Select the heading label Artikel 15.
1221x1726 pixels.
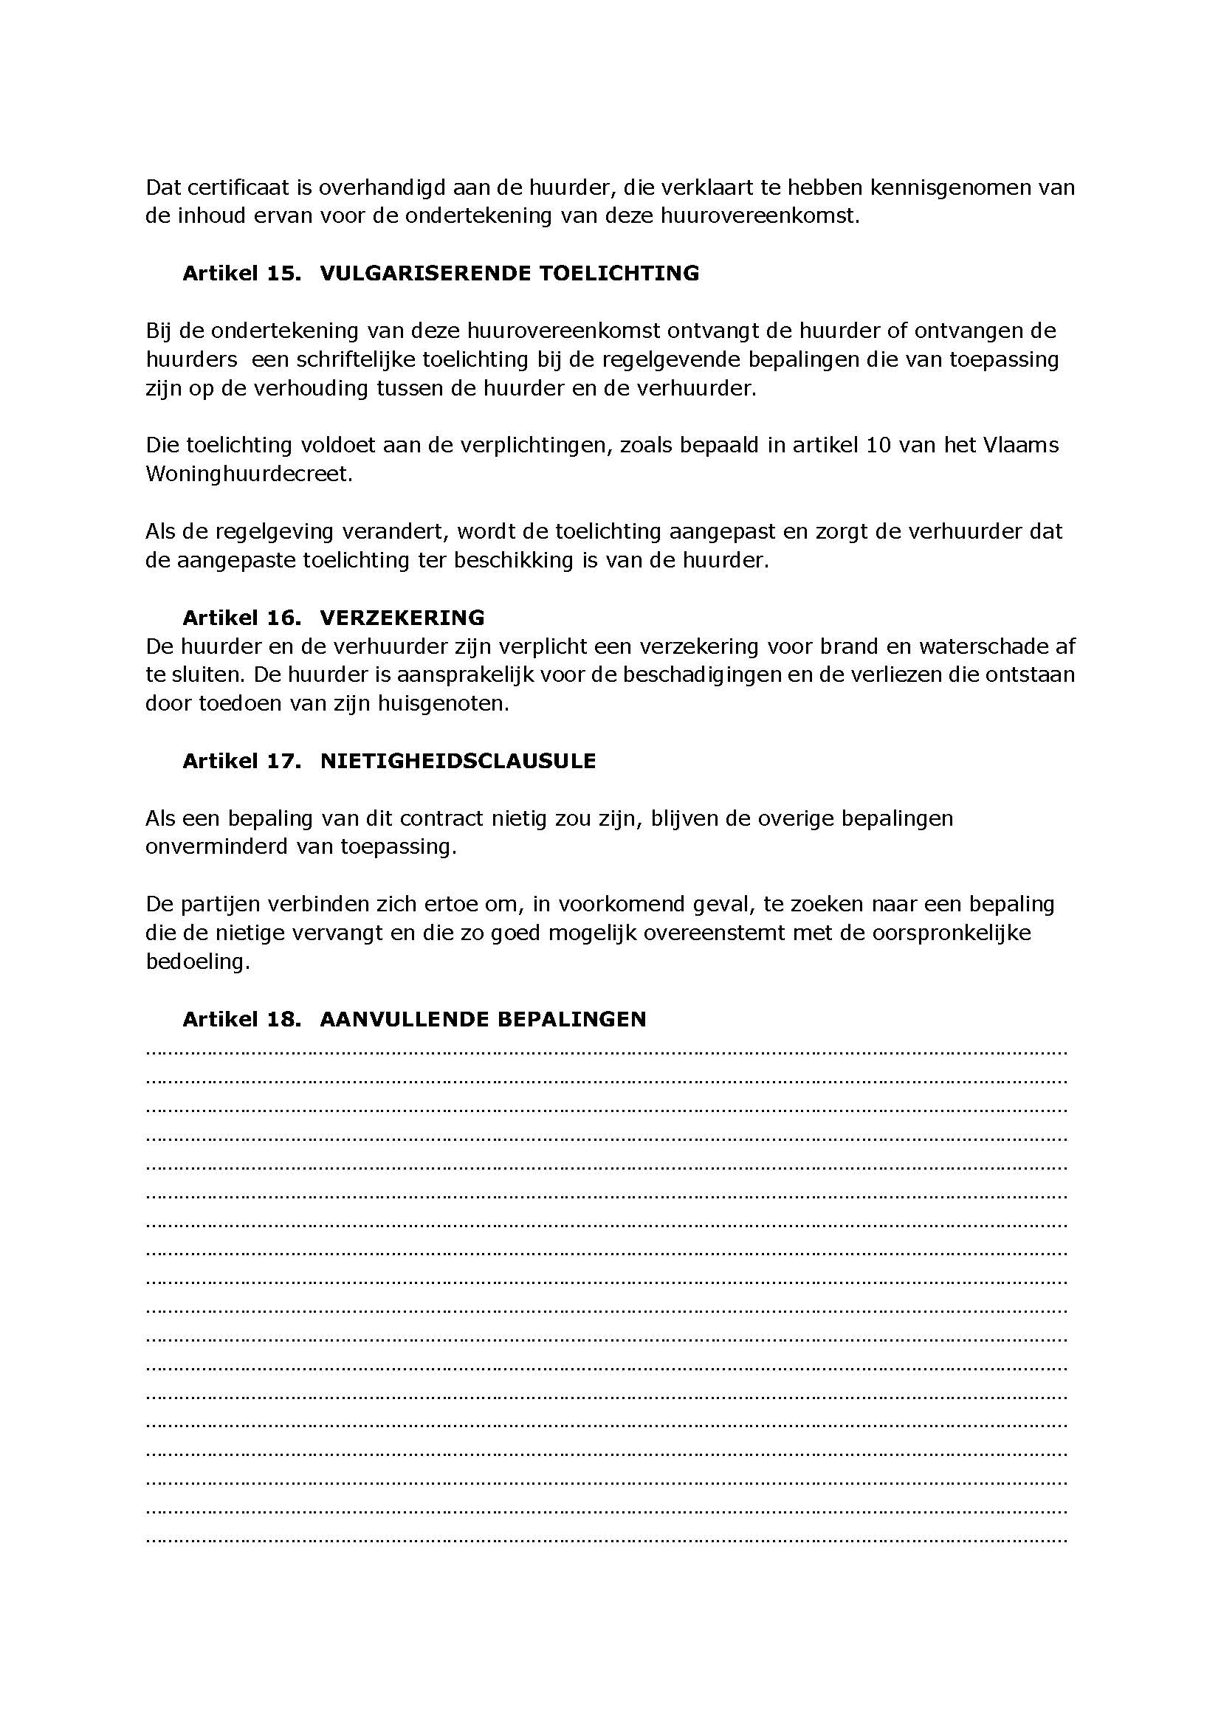point(241,273)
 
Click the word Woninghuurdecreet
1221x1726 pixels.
point(248,474)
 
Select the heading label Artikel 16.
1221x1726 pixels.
point(241,618)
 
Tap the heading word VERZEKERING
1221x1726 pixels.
point(402,618)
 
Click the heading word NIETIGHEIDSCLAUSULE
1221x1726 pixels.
point(458,761)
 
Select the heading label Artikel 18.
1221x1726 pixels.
point(241,1019)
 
